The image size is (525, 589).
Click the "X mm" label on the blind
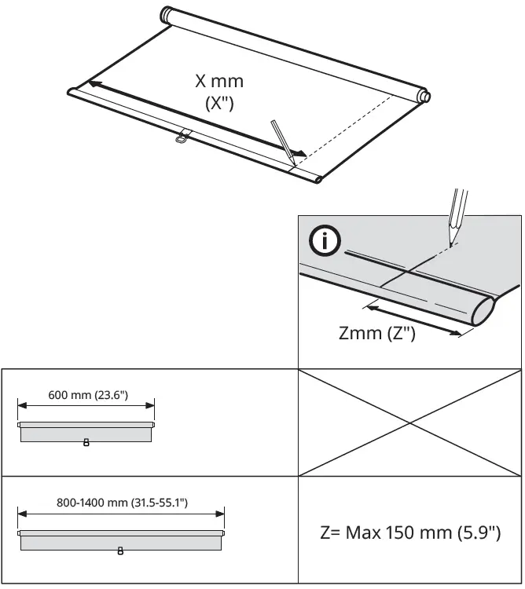point(219,81)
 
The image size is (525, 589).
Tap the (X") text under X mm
point(219,106)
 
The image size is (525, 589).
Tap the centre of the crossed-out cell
point(409,423)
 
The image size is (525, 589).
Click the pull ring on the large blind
point(182,140)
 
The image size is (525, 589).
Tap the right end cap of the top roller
point(424,97)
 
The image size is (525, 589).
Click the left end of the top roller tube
point(167,15)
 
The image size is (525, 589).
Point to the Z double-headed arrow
point(413,320)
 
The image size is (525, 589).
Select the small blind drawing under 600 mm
point(86,431)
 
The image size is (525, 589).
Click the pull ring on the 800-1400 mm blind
point(120,550)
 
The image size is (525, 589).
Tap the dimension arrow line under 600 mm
point(86,406)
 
